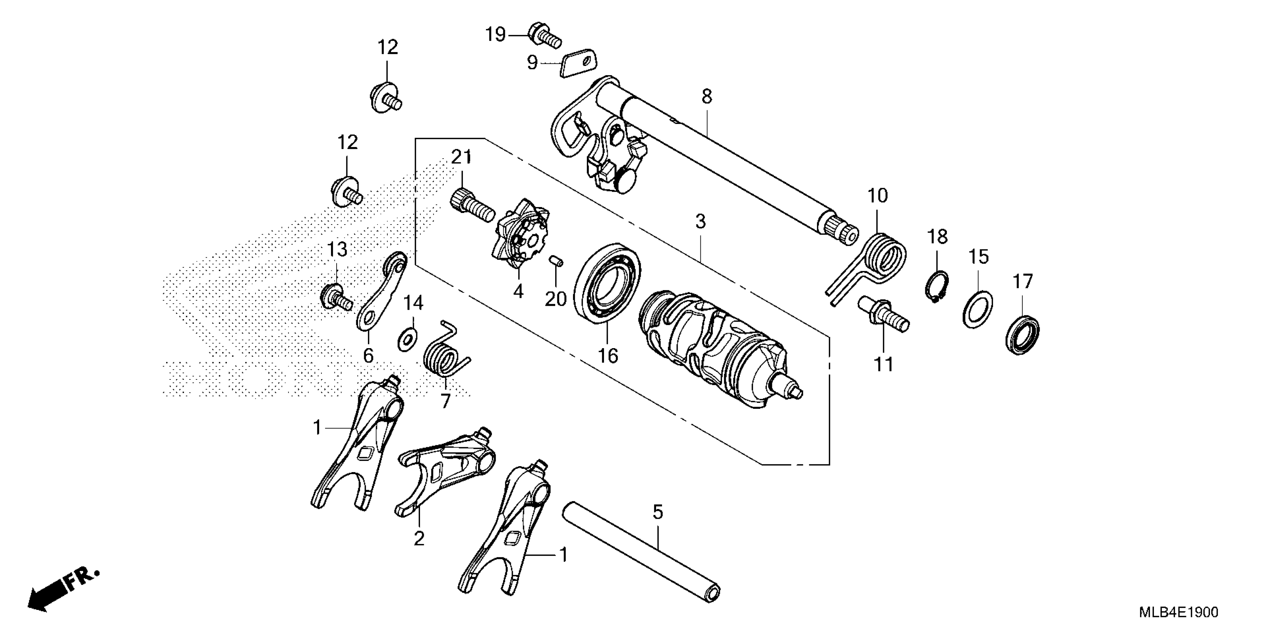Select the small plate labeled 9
[x=578, y=63]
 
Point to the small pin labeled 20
[x=556, y=261]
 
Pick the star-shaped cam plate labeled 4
[x=521, y=235]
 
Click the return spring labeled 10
[x=882, y=260]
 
